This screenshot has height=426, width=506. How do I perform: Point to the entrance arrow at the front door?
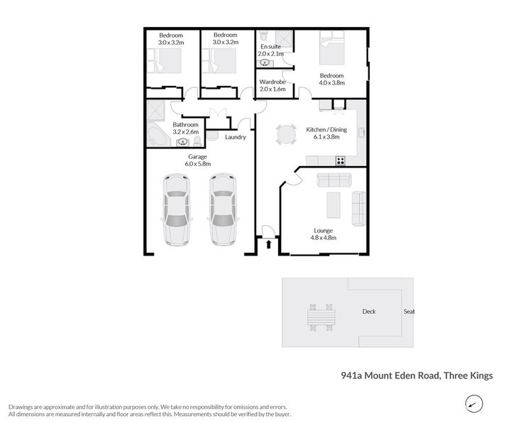[x=269, y=244]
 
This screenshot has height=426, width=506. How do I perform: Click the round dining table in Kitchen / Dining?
[x=285, y=134]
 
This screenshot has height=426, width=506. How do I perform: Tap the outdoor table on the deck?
[x=320, y=318]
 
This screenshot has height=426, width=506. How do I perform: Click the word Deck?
[x=368, y=311]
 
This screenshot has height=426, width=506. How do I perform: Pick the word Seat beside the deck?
[x=409, y=311]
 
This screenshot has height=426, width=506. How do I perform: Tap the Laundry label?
[x=235, y=137]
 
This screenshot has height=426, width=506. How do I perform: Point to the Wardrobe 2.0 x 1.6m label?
[x=273, y=86]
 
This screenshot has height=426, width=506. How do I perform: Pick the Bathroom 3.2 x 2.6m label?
[x=185, y=128]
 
